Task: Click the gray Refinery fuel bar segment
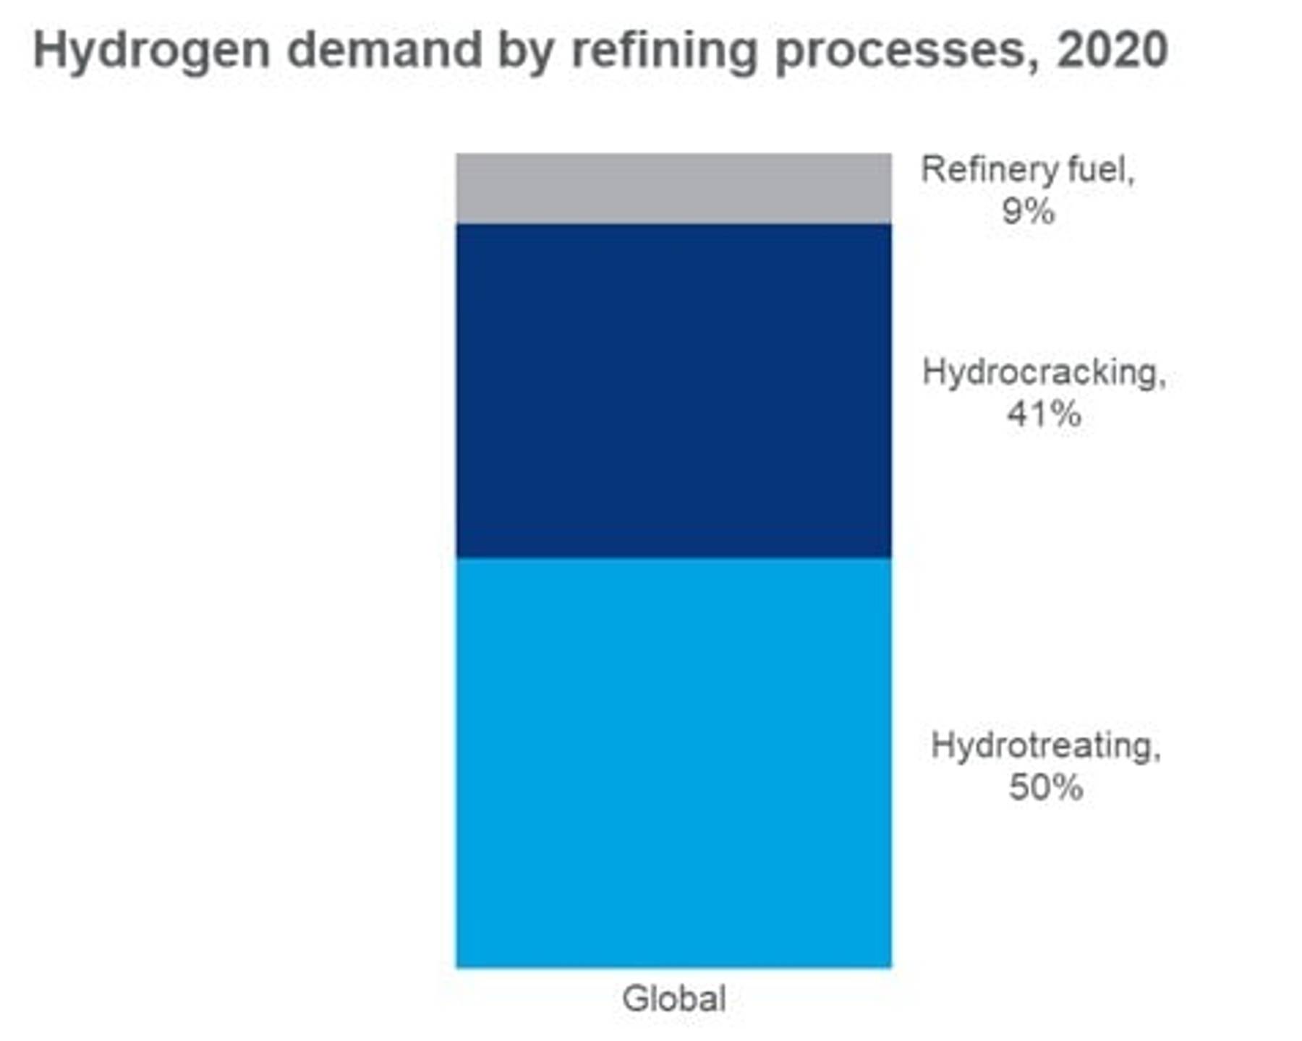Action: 673,188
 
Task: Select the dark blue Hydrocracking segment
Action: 673,390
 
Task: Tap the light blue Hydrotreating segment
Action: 673,763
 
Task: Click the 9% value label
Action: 1028,212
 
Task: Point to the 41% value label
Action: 1044,414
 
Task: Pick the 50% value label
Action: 1046,787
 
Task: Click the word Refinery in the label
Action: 979,171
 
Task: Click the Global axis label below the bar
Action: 674,999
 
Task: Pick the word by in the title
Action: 527,52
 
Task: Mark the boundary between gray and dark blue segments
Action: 673,223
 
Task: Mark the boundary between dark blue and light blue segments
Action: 673,558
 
